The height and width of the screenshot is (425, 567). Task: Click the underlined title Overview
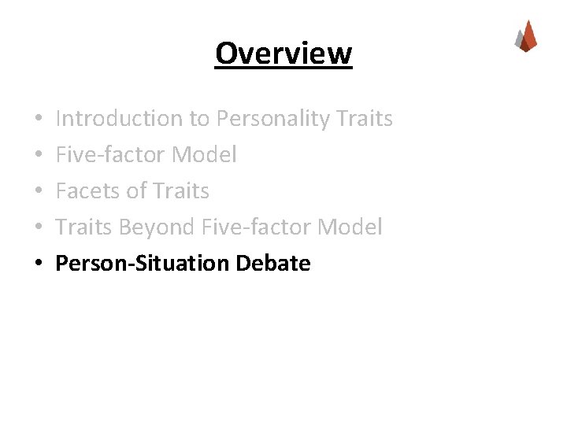(x=283, y=54)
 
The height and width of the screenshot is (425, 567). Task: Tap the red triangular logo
(x=526, y=36)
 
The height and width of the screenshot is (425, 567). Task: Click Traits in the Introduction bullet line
(x=364, y=119)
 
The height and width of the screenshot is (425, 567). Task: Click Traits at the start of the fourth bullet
(x=84, y=227)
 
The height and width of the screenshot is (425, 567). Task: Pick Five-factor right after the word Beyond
(x=257, y=227)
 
